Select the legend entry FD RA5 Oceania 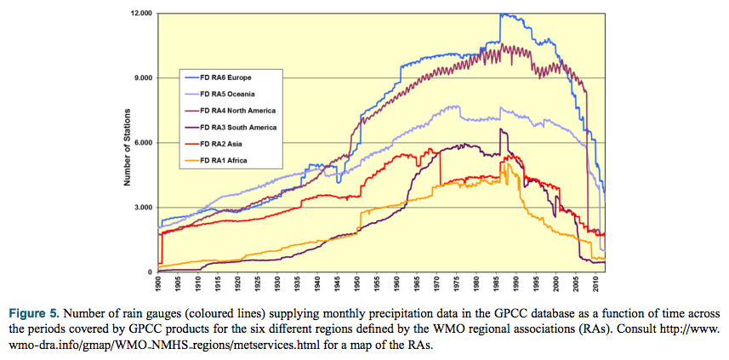click(231, 94)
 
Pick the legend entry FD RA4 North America click(237, 111)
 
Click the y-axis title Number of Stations click(125, 143)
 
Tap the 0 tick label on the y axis click(149, 272)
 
